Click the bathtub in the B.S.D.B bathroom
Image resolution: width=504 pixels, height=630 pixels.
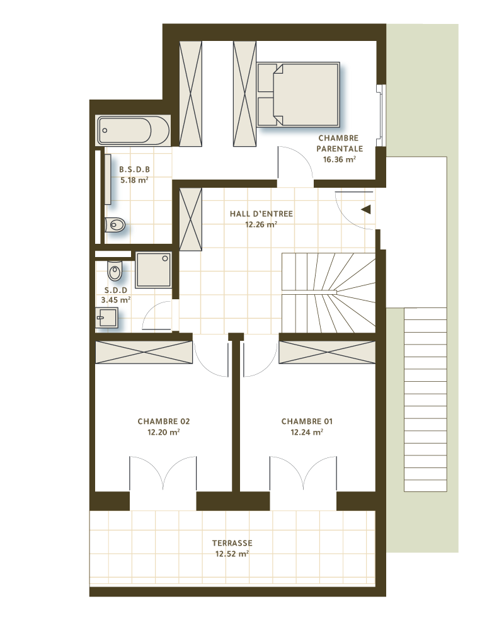point(133,130)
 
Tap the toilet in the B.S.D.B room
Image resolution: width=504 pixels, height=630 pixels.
point(115,224)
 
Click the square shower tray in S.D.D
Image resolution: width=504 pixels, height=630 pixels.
point(152,270)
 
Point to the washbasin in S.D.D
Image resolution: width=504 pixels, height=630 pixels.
point(106,318)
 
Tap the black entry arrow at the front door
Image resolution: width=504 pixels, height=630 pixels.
point(365,210)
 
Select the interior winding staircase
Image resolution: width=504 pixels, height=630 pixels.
point(328,292)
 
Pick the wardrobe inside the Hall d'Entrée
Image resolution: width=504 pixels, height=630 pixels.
point(190,218)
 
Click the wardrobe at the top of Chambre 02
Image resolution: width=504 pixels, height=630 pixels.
point(144,352)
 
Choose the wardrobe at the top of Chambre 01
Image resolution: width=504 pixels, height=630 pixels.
point(326,352)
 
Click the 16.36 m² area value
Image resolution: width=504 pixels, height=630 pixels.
point(340,160)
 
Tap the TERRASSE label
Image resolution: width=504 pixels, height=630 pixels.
point(232,542)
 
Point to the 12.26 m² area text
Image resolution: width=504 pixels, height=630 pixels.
point(261,224)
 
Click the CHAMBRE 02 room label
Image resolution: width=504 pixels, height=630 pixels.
point(163,421)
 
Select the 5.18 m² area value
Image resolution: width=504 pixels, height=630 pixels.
point(134,180)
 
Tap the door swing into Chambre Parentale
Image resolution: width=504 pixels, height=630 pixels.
point(294,165)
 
